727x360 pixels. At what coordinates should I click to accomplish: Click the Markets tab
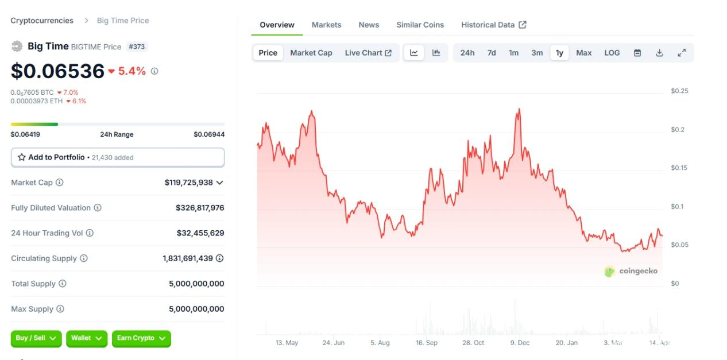[x=326, y=25]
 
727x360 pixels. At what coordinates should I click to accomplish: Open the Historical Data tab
[x=493, y=25]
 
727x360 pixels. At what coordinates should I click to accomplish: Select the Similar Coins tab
[x=420, y=25]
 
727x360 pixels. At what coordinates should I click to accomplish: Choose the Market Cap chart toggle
[x=311, y=53]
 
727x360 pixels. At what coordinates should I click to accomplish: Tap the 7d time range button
[x=492, y=53]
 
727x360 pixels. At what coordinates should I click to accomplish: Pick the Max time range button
[x=583, y=53]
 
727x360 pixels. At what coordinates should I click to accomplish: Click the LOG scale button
[x=612, y=53]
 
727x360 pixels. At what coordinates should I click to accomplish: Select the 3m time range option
[x=537, y=53]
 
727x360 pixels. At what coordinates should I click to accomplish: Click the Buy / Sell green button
[x=36, y=338]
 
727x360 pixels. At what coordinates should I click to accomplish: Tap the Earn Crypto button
[x=141, y=338]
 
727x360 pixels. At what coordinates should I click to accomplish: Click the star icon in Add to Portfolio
[x=22, y=157]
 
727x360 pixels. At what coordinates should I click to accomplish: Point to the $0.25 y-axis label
[x=679, y=91]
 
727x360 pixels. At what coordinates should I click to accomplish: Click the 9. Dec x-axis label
[x=520, y=343]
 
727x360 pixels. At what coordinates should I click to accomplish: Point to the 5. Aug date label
[x=380, y=343]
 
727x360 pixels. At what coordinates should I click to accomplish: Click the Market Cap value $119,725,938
[x=188, y=183]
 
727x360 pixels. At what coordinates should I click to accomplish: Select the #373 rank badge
[x=137, y=47]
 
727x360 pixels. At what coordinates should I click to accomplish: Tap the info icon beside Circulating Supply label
[x=84, y=258]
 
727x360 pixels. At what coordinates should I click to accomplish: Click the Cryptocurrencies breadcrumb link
[x=42, y=21]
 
